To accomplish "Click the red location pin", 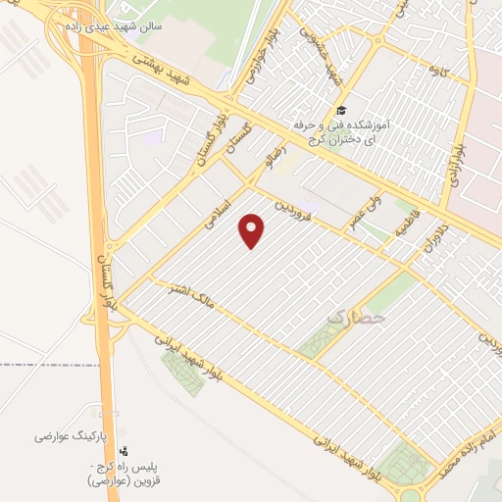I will coord(253,230).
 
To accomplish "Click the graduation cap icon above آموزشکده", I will coord(340,110).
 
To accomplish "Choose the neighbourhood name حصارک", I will coord(355,318).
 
